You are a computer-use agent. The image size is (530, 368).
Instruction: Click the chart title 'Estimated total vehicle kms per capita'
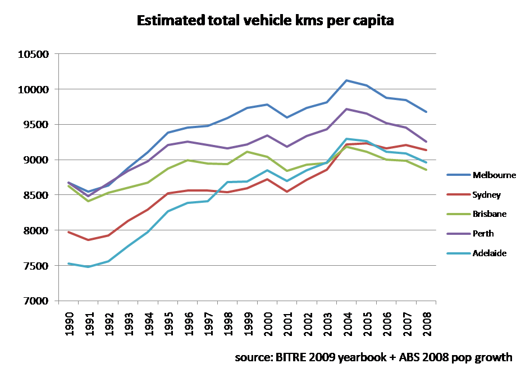click(264, 22)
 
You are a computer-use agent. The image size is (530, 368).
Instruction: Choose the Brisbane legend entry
click(490, 214)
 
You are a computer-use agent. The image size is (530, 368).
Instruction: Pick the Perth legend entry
click(483, 234)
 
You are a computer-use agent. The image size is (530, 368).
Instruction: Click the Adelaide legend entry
click(490, 253)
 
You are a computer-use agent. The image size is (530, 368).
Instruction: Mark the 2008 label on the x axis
click(427, 325)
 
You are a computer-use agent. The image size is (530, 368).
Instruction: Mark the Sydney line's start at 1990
click(68, 231)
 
